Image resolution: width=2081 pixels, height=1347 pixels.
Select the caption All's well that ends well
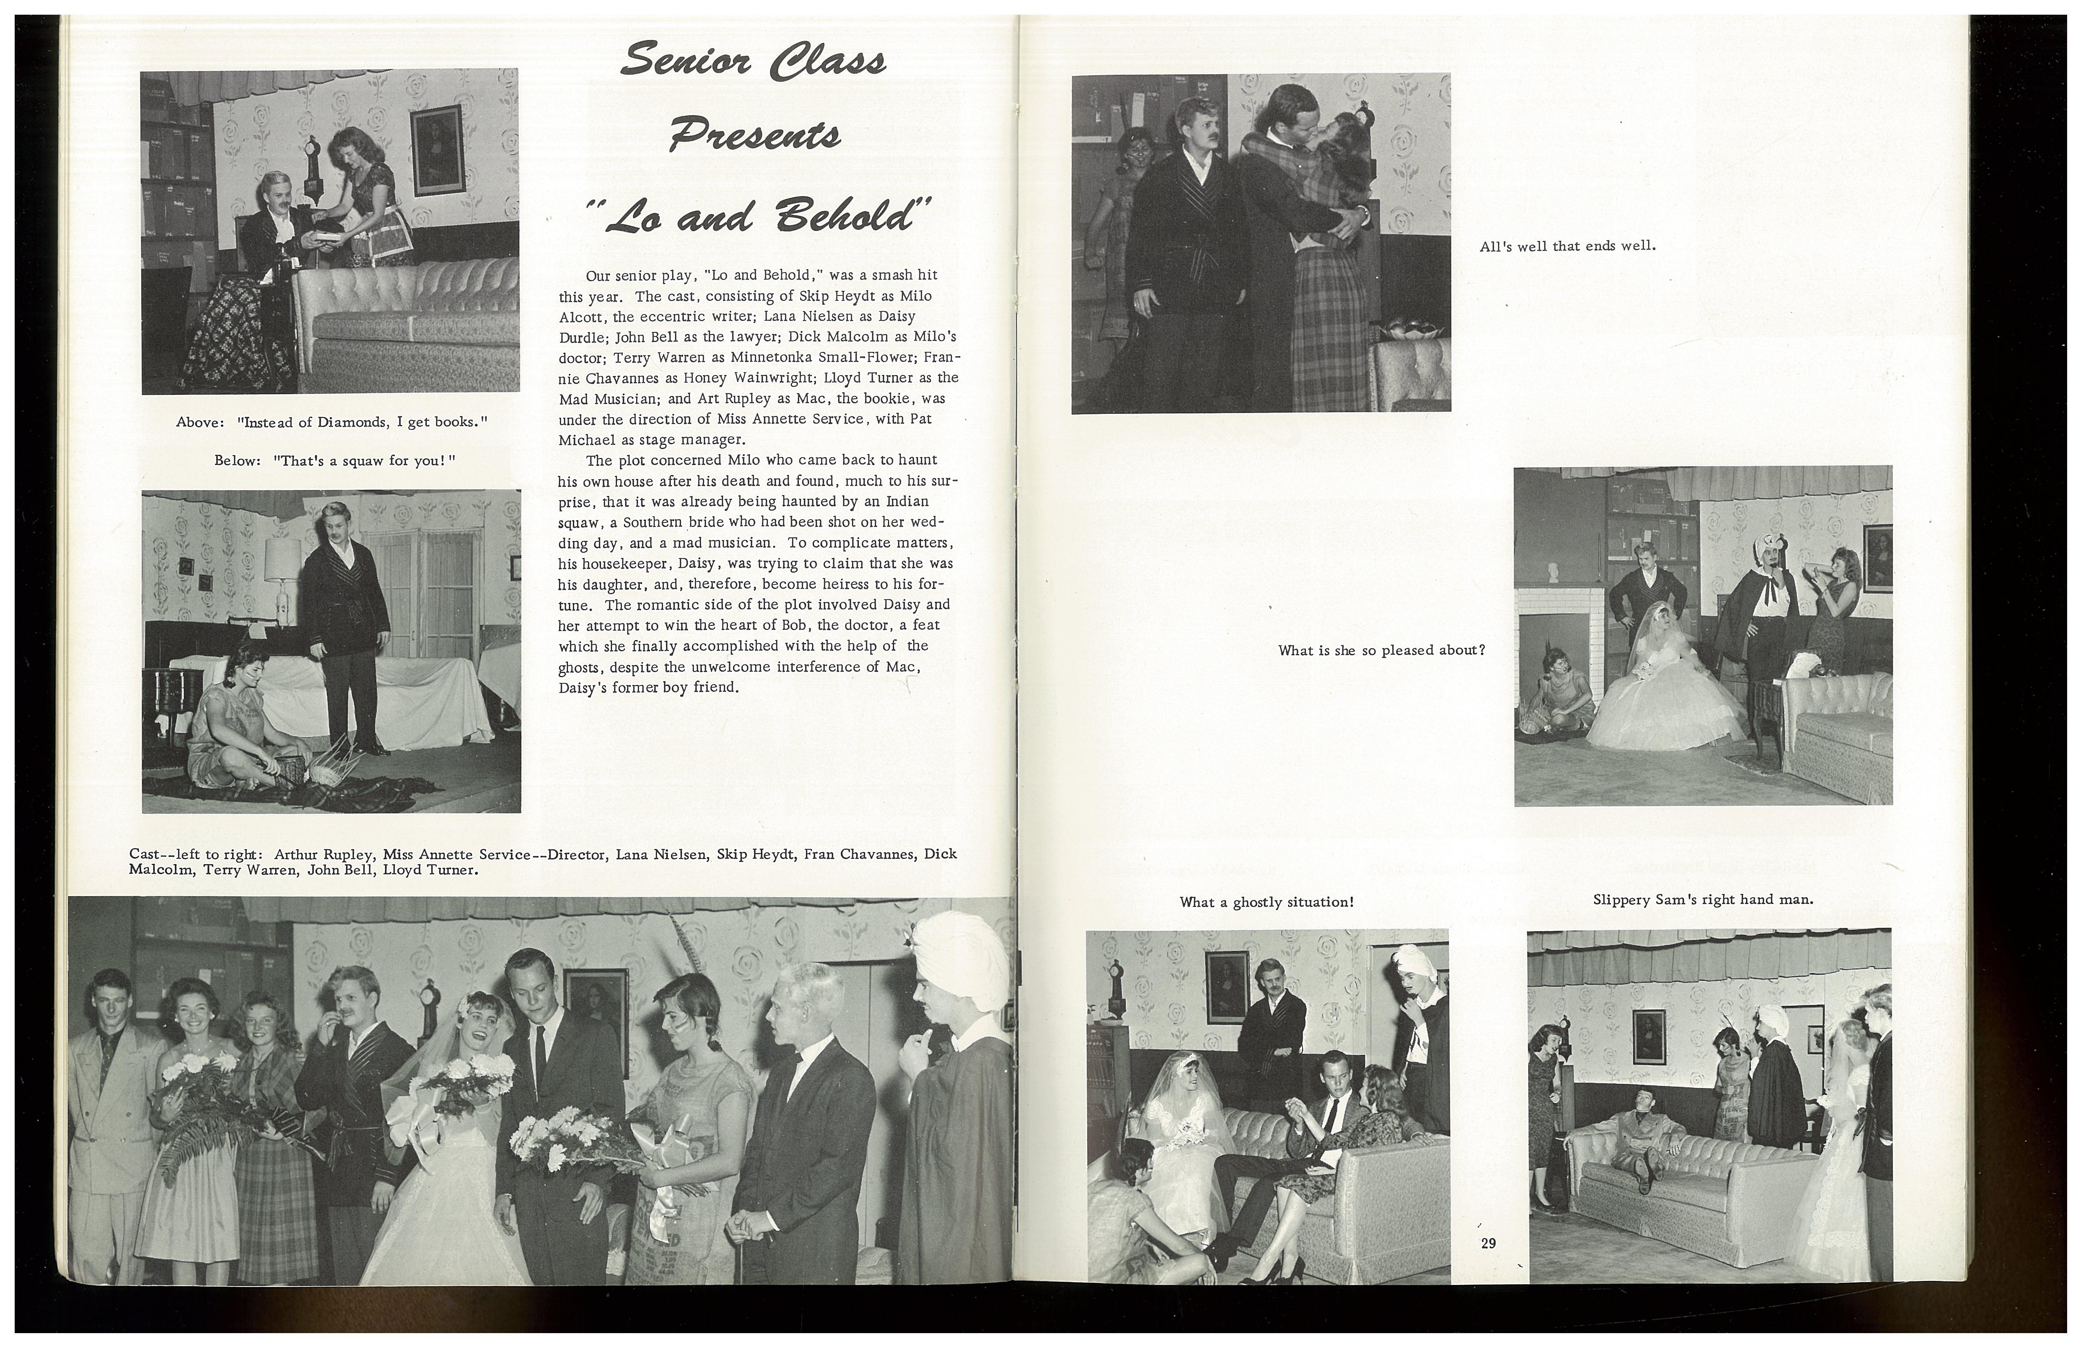[x=1567, y=247]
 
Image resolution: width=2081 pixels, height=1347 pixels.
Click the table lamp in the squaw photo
[x=282, y=560]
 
